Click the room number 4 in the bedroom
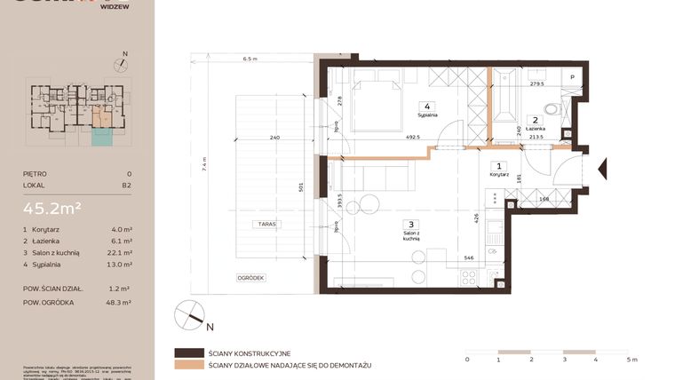point(428,106)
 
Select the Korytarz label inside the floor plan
point(499,175)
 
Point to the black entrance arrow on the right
point(603,166)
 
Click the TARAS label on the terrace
point(263,224)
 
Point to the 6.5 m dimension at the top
point(250,59)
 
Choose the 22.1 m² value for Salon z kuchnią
point(123,251)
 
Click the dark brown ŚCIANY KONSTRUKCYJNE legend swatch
point(189,352)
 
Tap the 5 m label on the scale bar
point(631,360)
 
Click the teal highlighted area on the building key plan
point(102,136)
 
